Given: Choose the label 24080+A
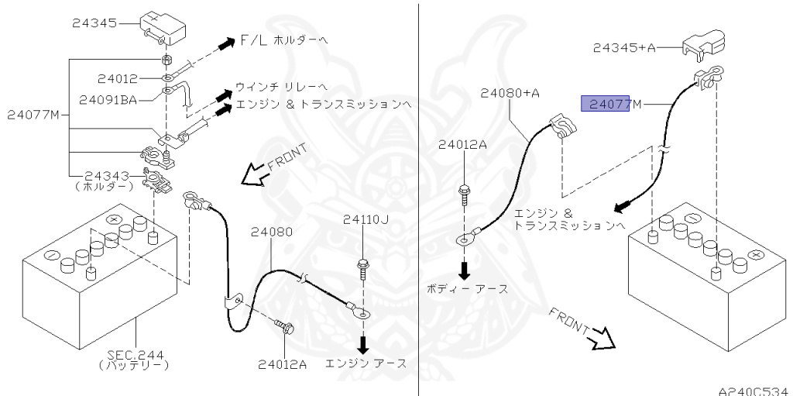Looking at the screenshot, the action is pyautogui.click(x=509, y=92).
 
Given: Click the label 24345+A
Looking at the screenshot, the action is pyautogui.click(x=624, y=47).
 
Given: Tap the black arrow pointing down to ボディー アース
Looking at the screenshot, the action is pyautogui.click(x=465, y=270).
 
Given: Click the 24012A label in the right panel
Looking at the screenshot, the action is pyautogui.click(x=463, y=144).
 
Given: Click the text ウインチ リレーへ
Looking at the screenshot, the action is pyautogui.click(x=282, y=86).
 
